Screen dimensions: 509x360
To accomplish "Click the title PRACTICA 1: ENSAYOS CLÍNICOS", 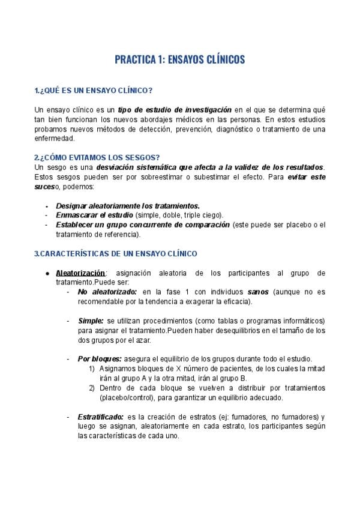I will point(179,60).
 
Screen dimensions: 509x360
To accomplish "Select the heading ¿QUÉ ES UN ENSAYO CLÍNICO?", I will point(95,90).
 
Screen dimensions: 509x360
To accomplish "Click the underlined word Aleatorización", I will point(80,273).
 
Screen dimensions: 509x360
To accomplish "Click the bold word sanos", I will point(258,292).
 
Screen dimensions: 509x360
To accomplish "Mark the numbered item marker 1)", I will point(93,369).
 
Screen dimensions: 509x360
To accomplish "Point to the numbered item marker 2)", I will point(93,388).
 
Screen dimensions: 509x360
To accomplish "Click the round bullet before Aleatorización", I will point(47,273).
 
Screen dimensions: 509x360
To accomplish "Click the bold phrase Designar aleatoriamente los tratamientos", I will point(128,205).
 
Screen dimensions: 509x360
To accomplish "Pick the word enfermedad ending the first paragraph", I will point(54,138).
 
